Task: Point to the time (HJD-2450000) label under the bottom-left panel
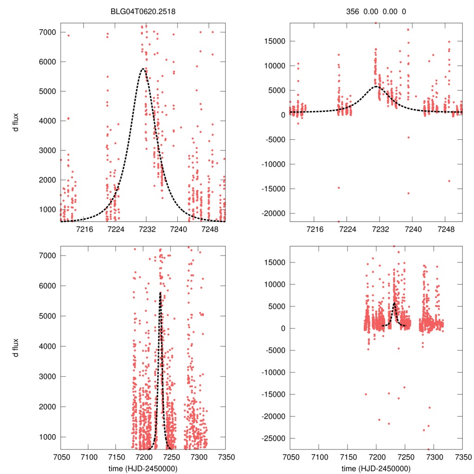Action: pyautogui.click(x=143, y=468)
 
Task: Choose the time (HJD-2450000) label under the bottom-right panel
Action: pyautogui.click(x=376, y=468)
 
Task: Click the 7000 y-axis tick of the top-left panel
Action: pyautogui.click(x=47, y=32)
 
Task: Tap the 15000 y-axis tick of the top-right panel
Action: pyautogui.click(x=276, y=41)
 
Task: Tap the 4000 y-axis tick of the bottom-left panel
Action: pyautogui.click(x=47, y=346)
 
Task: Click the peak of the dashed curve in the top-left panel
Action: pyautogui.click(x=143, y=69)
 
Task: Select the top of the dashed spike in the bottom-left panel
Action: pyautogui.click(x=160, y=293)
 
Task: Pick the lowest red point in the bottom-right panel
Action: pyautogui.click(x=428, y=449)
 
